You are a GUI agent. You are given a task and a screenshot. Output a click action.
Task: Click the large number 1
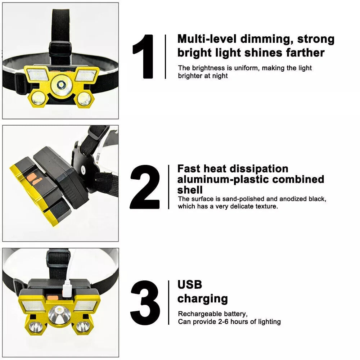click(x=144, y=57)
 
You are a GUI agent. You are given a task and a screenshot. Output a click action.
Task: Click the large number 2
click(x=145, y=187)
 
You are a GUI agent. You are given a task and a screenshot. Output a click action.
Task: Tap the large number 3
click(x=145, y=302)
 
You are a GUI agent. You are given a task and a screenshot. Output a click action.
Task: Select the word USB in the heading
click(x=190, y=285)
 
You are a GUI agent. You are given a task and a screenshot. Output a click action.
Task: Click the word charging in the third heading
click(x=202, y=299)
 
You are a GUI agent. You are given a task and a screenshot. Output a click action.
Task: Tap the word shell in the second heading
click(x=190, y=190)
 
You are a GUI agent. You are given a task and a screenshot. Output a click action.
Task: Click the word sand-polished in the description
click(x=241, y=199)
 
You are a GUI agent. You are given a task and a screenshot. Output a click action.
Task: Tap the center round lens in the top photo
click(x=61, y=85)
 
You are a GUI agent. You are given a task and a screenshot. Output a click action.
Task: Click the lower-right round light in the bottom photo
click(x=82, y=327)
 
